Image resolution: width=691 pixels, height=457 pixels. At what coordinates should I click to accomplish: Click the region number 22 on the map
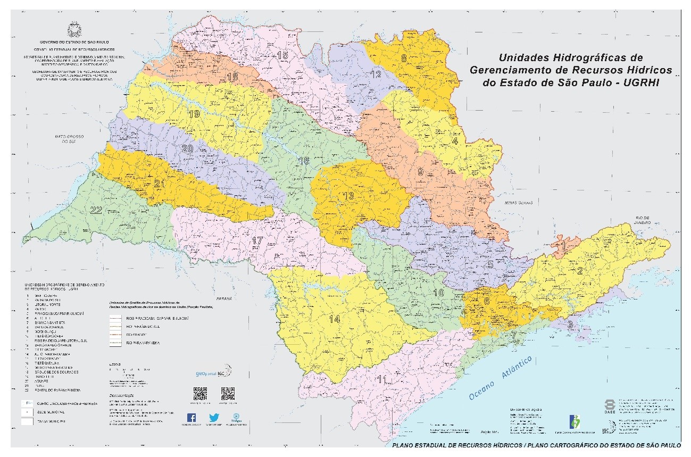coord(96,210)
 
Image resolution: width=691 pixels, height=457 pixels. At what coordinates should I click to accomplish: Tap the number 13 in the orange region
coord(348,196)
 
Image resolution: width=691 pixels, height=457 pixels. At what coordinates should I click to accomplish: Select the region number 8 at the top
coord(404,58)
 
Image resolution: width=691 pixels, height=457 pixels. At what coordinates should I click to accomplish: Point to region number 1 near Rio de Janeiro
coord(562,246)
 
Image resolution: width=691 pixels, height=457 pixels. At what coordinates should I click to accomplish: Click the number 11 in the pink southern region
coord(381,379)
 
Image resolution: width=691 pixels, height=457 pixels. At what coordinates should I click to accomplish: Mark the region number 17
coord(257,241)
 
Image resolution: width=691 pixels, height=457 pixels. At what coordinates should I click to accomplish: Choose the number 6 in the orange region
coord(487,301)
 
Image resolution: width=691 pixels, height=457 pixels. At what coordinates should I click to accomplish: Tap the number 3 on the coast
coord(570,324)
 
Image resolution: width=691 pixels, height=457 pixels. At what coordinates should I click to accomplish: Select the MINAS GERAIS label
coord(519,203)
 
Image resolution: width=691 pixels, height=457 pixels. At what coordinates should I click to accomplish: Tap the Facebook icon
coord(192,418)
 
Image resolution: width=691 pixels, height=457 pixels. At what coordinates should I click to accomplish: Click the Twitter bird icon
coord(214,418)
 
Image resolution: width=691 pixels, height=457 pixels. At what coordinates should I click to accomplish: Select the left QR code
coord(200,393)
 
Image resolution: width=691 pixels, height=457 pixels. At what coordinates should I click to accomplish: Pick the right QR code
coord(227,393)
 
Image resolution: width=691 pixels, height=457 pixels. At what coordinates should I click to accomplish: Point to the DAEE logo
coord(611,407)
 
